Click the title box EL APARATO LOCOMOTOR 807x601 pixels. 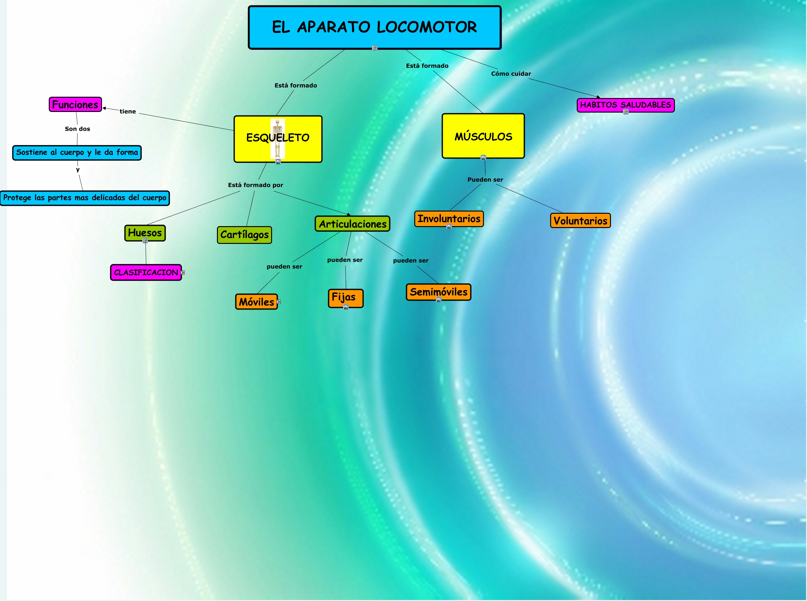point(375,27)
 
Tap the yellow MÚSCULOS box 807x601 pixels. point(483,136)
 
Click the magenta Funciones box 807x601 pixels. point(75,104)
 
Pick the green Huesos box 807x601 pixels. point(145,232)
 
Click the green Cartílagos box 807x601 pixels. point(244,235)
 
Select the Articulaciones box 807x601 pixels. point(353,224)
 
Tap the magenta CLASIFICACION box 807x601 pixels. point(146,272)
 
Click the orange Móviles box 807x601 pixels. point(256,302)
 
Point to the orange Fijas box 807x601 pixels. point(345,297)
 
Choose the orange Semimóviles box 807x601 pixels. point(438,292)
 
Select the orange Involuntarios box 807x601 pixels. point(449,219)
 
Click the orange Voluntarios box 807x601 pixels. point(580,220)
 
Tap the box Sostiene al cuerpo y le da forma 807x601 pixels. point(77,153)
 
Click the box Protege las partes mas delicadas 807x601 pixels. point(85,198)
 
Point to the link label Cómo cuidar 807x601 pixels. point(511,74)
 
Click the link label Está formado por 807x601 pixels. point(256,185)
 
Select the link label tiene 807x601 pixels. point(128,112)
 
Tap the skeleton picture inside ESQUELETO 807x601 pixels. point(277,138)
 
